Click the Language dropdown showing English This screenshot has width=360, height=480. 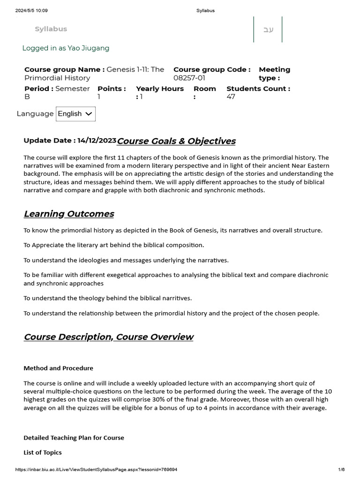pos(75,114)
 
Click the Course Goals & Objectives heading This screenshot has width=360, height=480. pos(176,141)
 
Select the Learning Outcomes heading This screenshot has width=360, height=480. pos(69,214)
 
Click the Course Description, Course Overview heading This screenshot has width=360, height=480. pos(108,337)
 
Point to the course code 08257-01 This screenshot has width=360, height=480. pos(189,78)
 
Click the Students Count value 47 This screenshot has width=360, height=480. pos(231,97)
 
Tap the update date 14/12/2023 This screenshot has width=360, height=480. pos(97,140)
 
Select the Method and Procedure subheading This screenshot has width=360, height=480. pos(58,368)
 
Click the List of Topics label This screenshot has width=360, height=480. pos(42,452)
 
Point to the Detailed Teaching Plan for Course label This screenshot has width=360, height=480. pos(74,437)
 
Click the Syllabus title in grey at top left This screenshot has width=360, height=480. pos(51,29)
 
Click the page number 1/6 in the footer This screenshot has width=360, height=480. pos(341,469)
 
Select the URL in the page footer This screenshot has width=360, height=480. pos(96,469)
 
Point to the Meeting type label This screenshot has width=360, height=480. pos(274,74)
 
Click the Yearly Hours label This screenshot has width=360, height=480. pos(160,89)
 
